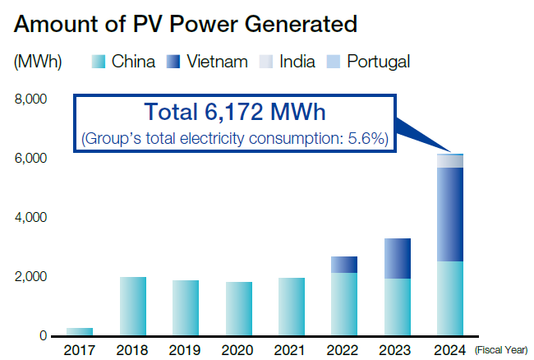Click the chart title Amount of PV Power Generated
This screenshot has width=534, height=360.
[186, 24]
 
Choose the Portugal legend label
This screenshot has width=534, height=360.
[378, 62]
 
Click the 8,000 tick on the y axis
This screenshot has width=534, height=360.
[30, 99]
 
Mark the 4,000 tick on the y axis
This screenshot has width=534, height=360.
[30, 218]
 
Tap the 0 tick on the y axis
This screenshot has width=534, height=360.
[42, 336]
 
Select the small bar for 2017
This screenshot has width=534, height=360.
[80, 331]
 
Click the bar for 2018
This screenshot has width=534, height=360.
[132, 307]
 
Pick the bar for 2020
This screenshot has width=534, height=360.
[238, 309]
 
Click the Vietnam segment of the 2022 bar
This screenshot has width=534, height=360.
[344, 265]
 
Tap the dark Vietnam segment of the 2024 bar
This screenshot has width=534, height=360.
[450, 215]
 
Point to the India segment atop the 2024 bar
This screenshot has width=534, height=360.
[450, 161]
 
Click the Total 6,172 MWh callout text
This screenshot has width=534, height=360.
[234, 113]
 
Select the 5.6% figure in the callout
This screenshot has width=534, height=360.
[369, 139]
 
